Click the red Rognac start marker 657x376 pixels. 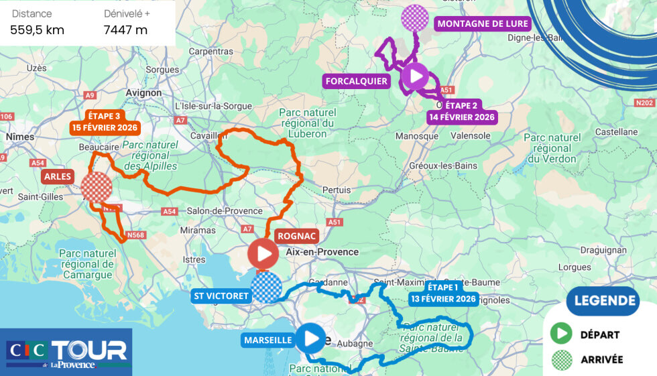pyautogui.click(x=263, y=254)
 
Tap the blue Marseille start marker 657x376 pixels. pyautogui.click(x=310, y=338)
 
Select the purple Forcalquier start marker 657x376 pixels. pyautogui.click(x=415, y=76)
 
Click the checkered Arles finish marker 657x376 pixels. pyautogui.click(x=96, y=187)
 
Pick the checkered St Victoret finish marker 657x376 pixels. pyautogui.click(x=266, y=288)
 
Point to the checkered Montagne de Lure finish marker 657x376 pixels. pyautogui.click(x=414, y=19)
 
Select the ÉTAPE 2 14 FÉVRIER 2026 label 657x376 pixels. pyautogui.click(x=461, y=111)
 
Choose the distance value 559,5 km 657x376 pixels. pyautogui.click(x=37, y=29)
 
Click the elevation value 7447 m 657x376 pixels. pyautogui.click(x=125, y=29)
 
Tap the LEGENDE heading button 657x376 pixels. pyautogui.click(x=603, y=301)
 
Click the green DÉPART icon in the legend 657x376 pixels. pyautogui.click(x=561, y=334)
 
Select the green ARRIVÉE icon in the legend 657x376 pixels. pyautogui.click(x=561, y=360)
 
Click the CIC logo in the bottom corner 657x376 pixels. pyautogui.click(x=27, y=351)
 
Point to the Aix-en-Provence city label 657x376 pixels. pyautogui.click(x=322, y=252)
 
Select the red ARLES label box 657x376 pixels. pyautogui.click(x=58, y=177)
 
